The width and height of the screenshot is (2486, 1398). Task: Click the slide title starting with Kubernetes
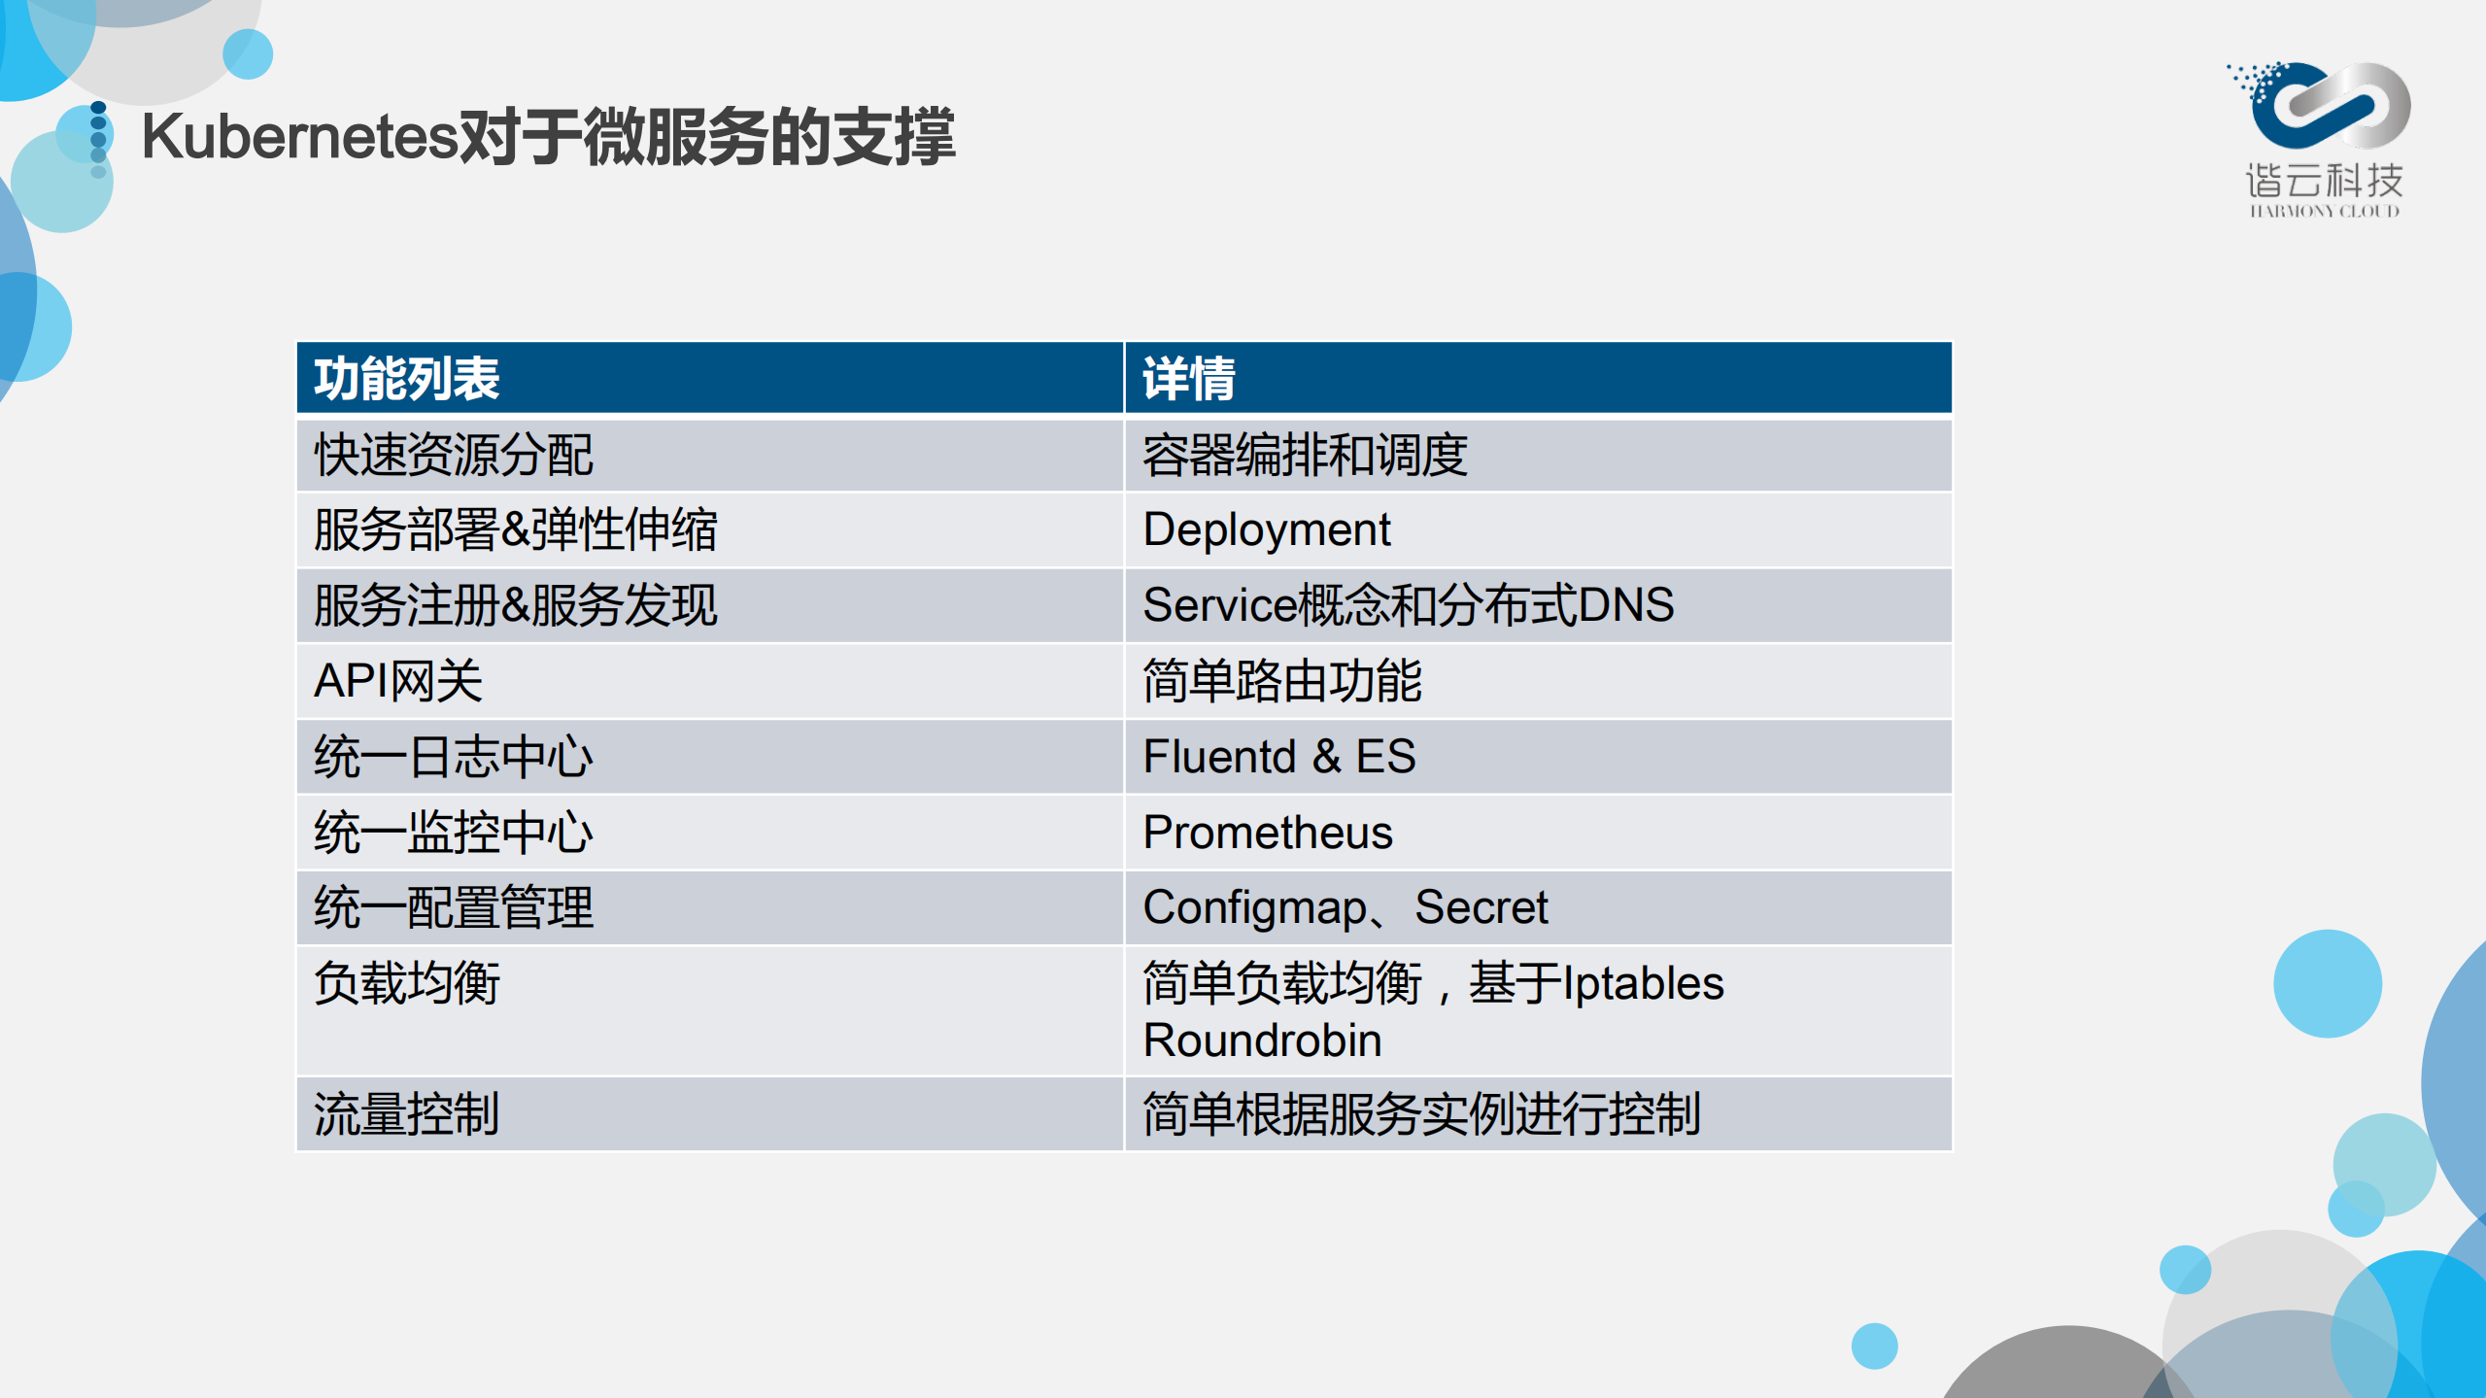pyautogui.click(x=548, y=137)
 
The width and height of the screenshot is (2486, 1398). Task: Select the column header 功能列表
pyautogui.click(x=406, y=379)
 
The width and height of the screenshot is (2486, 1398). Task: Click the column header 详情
pyautogui.click(x=1188, y=379)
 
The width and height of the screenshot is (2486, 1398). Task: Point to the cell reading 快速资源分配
pyautogui.click(x=453, y=455)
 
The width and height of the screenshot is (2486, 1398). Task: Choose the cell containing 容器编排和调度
pyautogui.click(x=1305, y=455)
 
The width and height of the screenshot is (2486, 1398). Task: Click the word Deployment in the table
pyautogui.click(x=1266, y=530)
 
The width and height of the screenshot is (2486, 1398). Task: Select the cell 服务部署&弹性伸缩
pyautogui.click(x=515, y=530)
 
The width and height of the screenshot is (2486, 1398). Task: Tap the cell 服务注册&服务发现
pyautogui.click(x=515, y=605)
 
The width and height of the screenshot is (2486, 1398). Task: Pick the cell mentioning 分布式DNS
pyautogui.click(x=1408, y=605)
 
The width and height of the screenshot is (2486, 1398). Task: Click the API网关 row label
pyautogui.click(x=397, y=681)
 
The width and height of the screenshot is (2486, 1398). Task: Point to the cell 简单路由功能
pyautogui.click(x=1281, y=681)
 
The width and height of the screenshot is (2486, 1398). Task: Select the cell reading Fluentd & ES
pyautogui.click(x=1278, y=757)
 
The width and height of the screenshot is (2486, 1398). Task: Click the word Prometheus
pyautogui.click(x=1267, y=833)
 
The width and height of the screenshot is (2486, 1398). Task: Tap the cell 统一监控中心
pyautogui.click(x=453, y=833)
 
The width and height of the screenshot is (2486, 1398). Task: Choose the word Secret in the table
pyautogui.click(x=1481, y=907)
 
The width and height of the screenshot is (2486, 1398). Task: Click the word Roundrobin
pyautogui.click(x=1262, y=1040)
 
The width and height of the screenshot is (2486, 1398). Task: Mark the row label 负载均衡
pyautogui.click(x=406, y=983)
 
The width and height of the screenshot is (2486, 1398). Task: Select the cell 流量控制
pyautogui.click(x=406, y=1114)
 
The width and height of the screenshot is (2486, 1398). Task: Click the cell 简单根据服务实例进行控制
pyautogui.click(x=1420, y=1114)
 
